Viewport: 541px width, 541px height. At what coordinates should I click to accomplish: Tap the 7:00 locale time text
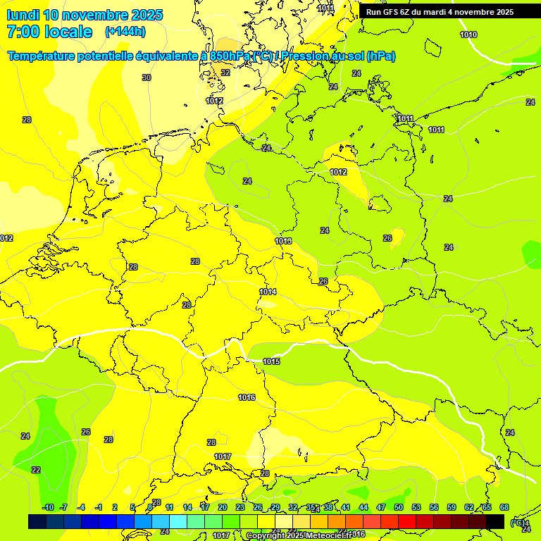pos(49,32)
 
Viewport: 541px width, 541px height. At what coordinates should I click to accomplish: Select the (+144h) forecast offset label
pos(125,32)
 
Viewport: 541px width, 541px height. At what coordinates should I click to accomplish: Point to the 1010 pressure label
pos(468,35)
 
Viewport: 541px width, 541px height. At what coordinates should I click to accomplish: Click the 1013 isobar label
pos(283,241)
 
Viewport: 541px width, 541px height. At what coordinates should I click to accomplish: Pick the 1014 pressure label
pos(268,292)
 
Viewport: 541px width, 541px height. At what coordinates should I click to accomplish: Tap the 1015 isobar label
pos(271,361)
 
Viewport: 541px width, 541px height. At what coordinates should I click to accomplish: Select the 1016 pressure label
pos(247,398)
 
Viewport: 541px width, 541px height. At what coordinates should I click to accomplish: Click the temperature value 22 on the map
pos(36,470)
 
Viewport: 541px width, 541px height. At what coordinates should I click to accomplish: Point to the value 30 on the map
pos(147,77)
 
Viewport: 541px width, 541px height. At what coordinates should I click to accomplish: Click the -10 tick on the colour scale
pos(48,508)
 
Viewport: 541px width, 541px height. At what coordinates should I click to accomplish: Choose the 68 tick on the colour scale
pos(504,508)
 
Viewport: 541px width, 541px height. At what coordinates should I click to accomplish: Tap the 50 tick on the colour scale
pos(399,508)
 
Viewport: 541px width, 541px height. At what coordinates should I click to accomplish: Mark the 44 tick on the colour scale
pos(363,508)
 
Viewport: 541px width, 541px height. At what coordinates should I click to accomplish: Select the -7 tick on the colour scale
pos(63,508)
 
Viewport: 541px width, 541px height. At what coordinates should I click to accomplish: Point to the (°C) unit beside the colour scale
pos(518,522)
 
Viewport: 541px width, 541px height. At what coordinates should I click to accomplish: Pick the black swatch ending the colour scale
pos(495,521)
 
